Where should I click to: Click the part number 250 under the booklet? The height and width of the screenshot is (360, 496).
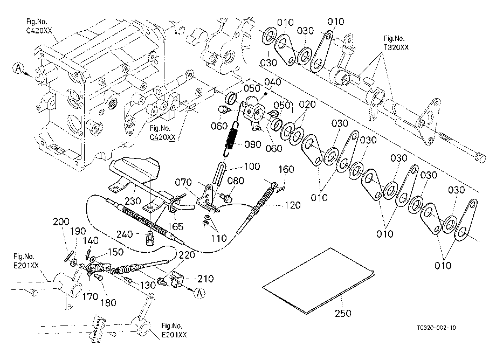(x=343, y=313)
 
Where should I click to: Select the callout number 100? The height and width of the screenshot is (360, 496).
(x=252, y=166)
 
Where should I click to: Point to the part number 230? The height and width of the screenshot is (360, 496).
(x=133, y=200)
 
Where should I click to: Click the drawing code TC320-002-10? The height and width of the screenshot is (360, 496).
(x=436, y=328)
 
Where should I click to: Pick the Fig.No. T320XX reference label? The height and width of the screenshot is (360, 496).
(x=396, y=43)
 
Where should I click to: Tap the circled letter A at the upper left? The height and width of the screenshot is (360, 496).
(x=19, y=68)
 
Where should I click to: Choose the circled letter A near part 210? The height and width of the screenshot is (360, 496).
(x=199, y=293)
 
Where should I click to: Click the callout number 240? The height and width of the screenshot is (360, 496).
(x=125, y=234)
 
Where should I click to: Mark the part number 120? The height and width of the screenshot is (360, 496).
(x=293, y=205)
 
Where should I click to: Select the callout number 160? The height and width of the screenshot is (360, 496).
(x=286, y=169)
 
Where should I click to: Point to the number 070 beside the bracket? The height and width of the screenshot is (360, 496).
(x=183, y=182)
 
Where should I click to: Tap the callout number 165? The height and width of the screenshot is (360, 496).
(x=176, y=226)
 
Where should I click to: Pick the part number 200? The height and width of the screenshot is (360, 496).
(x=61, y=221)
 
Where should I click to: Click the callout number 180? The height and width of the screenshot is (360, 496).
(x=108, y=302)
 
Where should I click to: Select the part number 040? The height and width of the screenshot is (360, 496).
(x=272, y=82)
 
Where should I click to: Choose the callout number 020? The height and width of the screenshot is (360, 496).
(x=307, y=105)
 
